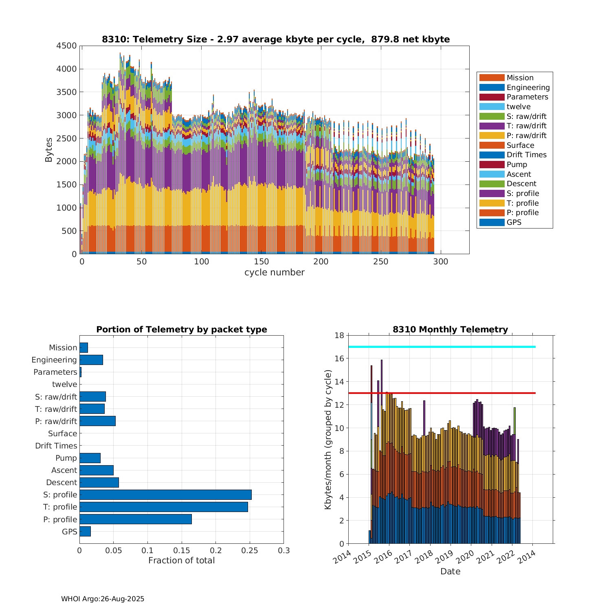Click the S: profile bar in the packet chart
coord(165,495)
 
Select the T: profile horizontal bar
coord(164,507)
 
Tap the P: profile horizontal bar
coord(136,519)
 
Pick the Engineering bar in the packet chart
coord(91,360)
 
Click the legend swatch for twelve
coord(492,107)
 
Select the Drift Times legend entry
coord(526,155)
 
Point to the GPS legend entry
coord(514,222)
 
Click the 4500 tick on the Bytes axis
coord(66,46)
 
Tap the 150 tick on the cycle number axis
coord(261,262)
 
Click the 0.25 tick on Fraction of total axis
coord(250,551)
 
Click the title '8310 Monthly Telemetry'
coord(450,330)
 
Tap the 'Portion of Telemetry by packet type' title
coord(182,330)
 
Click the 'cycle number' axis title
coord(274,273)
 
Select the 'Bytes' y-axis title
coord(49,150)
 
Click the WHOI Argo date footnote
coord(103,599)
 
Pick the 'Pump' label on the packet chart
coord(66,458)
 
